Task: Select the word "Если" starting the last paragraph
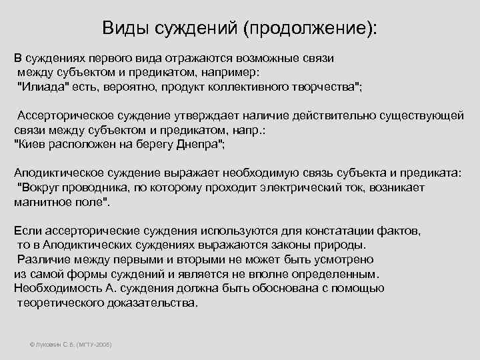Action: click(25, 231)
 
